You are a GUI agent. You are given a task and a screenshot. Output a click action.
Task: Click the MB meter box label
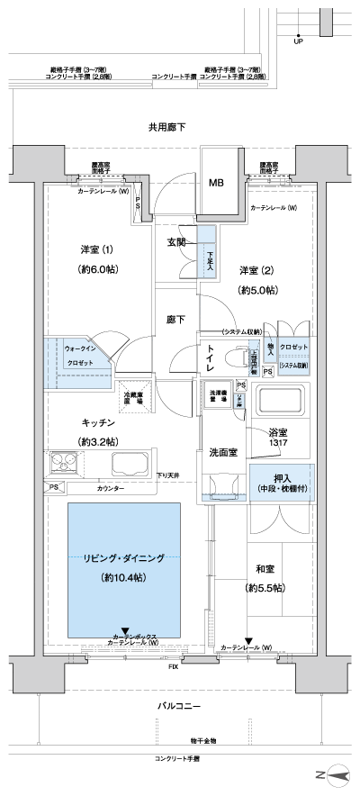point(217,184)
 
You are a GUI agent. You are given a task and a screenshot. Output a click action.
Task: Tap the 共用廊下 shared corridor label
point(166,128)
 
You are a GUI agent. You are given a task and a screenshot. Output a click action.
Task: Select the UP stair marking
point(298,41)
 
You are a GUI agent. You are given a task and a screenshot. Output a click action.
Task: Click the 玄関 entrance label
point(176,242)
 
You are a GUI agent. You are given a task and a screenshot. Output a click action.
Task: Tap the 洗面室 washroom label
point(223,452)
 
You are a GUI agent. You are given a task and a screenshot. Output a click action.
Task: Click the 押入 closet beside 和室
point(282,483)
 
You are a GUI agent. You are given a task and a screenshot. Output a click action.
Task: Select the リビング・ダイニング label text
point(124,558)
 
